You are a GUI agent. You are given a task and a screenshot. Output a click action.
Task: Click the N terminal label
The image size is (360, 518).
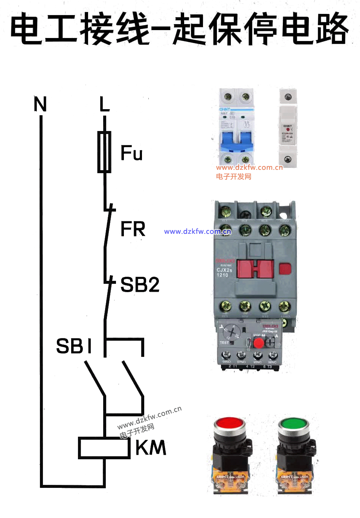click(40, 104)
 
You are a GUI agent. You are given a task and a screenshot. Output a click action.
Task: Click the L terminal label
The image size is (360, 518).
click(104, 104)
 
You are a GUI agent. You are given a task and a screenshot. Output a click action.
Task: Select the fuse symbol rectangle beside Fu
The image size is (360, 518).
click(104, 152)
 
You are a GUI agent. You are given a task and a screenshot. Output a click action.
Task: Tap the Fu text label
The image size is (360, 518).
click(131, 153)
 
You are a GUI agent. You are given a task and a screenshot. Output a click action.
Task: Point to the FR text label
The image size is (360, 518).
click(133, 229)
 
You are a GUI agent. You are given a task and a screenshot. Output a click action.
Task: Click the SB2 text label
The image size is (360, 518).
click(140, 285)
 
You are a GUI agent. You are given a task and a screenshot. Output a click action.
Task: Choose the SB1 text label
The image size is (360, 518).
click(74, 346)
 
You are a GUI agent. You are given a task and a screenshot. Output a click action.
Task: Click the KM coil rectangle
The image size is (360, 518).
click(104, 448)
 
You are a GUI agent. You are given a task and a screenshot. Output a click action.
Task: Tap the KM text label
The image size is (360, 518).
click(151, 448)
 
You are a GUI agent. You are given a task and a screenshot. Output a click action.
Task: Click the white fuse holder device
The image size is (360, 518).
click(288, 128)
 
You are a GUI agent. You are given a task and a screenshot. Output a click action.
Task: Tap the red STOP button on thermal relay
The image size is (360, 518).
click(258, 343)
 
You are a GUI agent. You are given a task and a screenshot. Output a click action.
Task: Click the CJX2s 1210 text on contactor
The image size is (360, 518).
click(224, 272)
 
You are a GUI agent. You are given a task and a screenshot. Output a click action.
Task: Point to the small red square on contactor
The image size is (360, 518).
click(285, 269)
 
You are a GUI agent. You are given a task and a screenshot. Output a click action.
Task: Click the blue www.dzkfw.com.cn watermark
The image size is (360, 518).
click(197, 232)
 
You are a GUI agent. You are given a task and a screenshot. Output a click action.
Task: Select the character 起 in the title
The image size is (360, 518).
click(190, 29)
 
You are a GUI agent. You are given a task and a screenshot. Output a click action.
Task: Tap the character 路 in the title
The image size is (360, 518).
click(331, 29)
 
